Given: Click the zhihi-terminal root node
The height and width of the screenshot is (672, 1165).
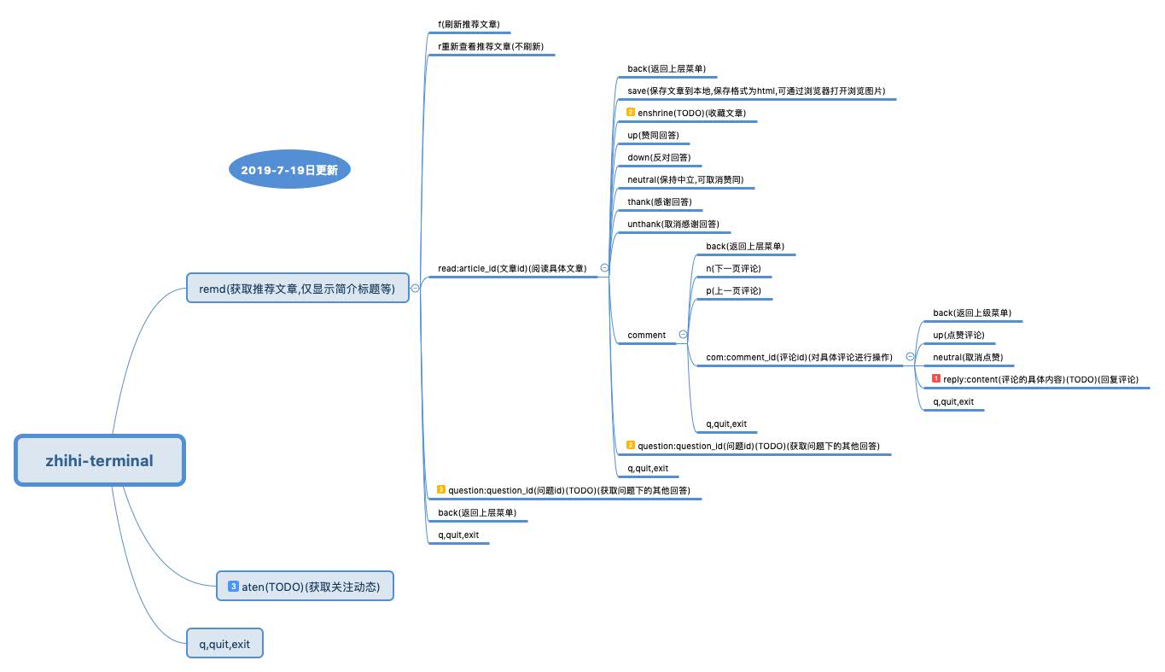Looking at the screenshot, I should pos(100,461).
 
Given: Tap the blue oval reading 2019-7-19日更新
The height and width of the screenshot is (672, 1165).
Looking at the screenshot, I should pos(289,170).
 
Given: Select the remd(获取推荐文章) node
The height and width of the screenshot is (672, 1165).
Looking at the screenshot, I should pos(297,289).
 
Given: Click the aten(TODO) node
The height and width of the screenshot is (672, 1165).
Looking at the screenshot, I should pos(305,587).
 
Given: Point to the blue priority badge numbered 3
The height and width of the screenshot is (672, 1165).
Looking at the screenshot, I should pos(233,586).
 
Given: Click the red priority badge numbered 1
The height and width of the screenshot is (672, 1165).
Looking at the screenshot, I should pos(936,379).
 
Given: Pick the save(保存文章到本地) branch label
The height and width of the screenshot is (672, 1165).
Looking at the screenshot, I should pos(755,91).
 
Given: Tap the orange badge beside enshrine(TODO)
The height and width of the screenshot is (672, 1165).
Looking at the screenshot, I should pos(631,113).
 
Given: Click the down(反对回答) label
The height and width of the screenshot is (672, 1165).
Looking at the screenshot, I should pos(658,157).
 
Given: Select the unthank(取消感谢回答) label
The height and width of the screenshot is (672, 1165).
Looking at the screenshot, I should pos(673,224).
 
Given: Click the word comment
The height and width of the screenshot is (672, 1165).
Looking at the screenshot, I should pos(646,335).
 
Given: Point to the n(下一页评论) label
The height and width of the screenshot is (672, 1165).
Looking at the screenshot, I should pos(732,268).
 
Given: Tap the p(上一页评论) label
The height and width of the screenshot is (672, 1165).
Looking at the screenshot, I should pos(732,290).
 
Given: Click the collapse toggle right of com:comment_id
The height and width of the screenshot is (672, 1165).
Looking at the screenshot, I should pos(910,357).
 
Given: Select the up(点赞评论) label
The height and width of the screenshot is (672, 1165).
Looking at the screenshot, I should pos(958,335).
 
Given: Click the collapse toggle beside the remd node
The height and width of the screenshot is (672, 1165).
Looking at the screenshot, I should pos(416,289).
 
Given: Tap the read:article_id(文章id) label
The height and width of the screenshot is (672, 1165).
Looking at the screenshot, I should pos(511,268).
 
